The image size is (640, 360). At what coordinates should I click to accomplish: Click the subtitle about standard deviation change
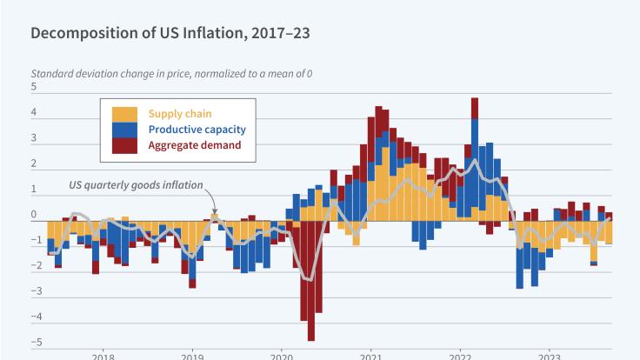click(171, 73)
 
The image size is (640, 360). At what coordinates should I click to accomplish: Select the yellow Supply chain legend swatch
click(124, 113)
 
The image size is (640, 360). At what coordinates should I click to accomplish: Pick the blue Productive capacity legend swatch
click(124, 130)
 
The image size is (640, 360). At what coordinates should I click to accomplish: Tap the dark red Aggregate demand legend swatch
click(124, 145)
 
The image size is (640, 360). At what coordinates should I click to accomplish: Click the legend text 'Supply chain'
click(180, 113)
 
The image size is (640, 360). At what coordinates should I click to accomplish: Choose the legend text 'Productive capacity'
click(197, 130)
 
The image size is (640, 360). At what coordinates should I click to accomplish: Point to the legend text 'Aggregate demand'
click(195, 145)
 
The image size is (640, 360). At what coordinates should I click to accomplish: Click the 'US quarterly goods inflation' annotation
click(136, 184)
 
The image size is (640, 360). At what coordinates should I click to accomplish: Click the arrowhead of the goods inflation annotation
click(215, 211)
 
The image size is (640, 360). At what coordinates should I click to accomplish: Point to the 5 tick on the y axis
click(34, 87)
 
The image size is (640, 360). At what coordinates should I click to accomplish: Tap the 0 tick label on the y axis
click(34, 215)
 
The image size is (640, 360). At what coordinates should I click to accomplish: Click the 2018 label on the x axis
click(103, 356)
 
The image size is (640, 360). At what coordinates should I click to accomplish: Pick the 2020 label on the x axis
click(282, 356)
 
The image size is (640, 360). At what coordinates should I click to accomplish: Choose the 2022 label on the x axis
click(460, 356)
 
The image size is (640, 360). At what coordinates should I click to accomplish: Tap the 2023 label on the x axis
click(549, 356)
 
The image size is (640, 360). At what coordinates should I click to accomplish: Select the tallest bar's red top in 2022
click(475, 107)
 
